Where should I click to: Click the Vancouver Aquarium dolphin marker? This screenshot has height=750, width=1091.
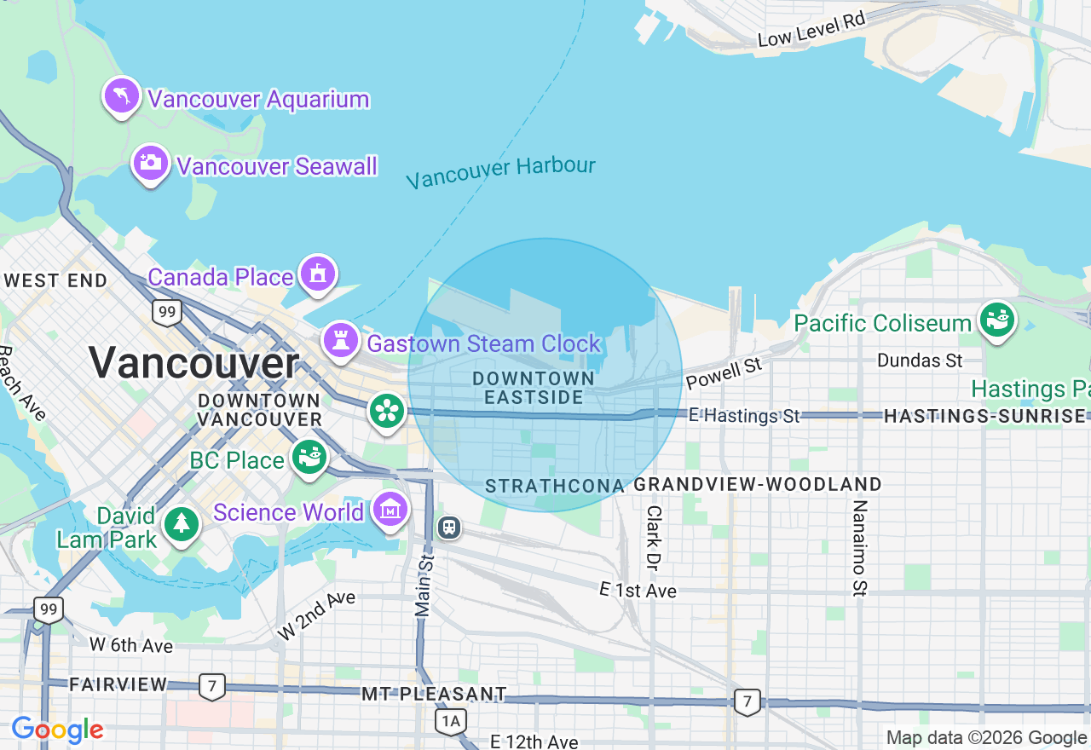[x=122, y=95]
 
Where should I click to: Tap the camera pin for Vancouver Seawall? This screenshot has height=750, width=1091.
[x=151, y=163]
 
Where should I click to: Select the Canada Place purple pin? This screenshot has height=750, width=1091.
[x=318, y=274]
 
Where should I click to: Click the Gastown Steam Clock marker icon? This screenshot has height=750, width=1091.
[x=340, y=341]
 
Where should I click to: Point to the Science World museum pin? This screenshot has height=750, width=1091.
[x=390, y=510]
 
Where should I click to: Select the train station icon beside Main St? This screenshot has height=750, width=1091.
[x=449, y=528]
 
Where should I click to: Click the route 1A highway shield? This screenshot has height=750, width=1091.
[x=451, y=722]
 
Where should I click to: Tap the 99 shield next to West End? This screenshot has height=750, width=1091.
[x=167, y=313]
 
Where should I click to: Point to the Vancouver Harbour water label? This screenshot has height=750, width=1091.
[x=500, y=171]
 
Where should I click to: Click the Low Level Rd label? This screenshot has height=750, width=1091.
[x=811, y=29]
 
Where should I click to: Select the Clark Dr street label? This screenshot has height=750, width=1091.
[x=654, y=538]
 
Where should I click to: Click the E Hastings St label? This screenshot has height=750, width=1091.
[x=744, y=416]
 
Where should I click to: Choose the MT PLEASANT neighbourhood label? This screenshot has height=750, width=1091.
[x=434, y=694]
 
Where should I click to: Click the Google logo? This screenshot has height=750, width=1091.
[x=57, y=730]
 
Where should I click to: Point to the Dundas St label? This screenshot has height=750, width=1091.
[x=920, y=361]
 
